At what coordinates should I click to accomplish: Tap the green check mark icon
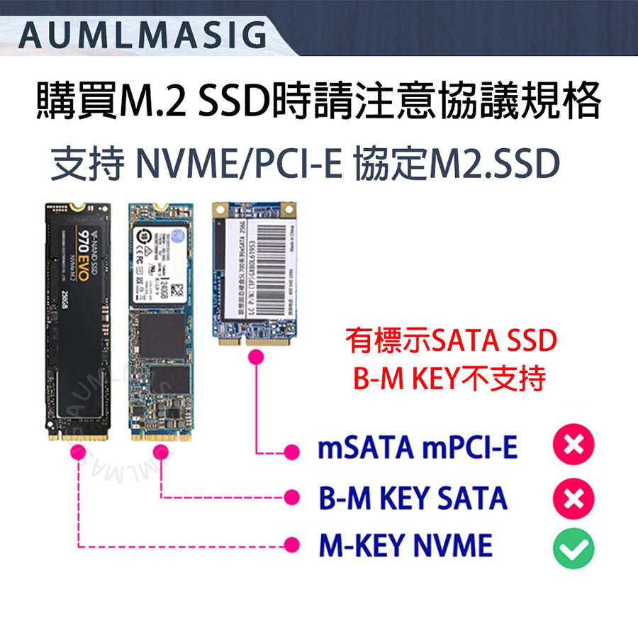click(573, 547)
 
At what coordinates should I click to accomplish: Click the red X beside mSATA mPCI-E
click(573, 447)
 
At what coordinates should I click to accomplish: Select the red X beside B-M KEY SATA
click(573, 498)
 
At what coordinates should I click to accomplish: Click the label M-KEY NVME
click(405, 546)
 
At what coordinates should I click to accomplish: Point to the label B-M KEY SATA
click(413, 498)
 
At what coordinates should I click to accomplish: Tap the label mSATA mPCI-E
click(418, 448)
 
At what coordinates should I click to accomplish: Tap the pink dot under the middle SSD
click(161, 451)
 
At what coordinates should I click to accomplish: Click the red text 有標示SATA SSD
click(451, 342)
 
